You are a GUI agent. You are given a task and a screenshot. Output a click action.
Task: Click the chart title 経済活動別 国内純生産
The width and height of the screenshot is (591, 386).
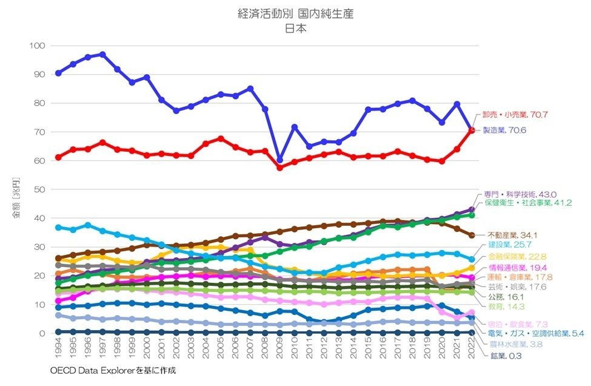[296, 13]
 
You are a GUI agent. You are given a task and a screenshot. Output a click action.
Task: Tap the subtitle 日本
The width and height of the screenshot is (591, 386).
[296, 28]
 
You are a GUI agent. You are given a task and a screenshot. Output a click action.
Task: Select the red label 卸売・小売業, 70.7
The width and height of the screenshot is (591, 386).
[508, 114]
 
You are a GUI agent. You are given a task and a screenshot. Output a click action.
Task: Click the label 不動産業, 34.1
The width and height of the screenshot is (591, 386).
[513, 235]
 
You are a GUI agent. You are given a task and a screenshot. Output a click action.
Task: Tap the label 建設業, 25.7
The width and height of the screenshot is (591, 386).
[509, 245]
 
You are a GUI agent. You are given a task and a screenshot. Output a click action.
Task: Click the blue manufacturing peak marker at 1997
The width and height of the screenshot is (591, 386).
[102, 54]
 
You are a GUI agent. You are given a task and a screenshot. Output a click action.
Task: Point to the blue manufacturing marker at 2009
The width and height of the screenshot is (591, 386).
[279, 160]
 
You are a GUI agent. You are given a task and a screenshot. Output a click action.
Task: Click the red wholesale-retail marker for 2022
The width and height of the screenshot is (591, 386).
[472, 130]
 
